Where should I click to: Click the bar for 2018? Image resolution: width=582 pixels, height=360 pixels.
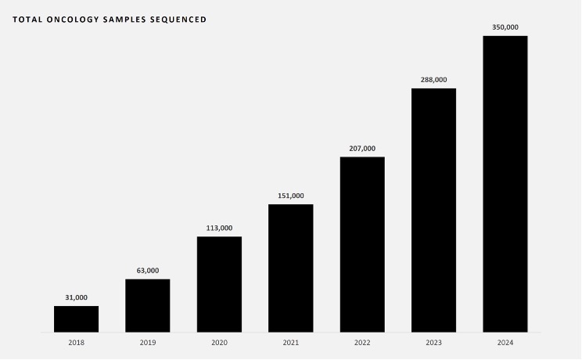(76, 319)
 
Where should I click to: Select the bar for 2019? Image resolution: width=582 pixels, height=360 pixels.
(148, 305)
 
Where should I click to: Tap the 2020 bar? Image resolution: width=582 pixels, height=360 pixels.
(219, 284)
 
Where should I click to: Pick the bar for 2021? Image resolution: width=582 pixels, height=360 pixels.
(291, 268)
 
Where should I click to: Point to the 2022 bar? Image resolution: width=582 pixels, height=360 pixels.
(362, 244)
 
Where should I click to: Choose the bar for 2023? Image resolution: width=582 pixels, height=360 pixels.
(433, 210)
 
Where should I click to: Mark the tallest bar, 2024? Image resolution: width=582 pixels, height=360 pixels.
(505, 184)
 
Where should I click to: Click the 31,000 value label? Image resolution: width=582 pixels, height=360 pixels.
(76, 297)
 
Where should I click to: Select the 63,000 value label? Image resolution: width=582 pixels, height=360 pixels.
(148, 271)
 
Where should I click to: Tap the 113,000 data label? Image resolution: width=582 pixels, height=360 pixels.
(219, 228)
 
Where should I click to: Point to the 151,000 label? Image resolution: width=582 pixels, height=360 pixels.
(291, 196)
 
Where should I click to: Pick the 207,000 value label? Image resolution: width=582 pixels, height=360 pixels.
(362, 149)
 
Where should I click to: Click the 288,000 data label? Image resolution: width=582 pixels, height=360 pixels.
(433, 80)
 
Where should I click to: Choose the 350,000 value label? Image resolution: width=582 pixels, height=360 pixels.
(505, 27)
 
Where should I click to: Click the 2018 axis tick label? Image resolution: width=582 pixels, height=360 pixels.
(76, 343)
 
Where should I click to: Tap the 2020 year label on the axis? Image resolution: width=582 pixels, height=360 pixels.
(219, 343)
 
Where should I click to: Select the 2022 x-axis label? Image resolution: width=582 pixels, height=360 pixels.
(362, 343)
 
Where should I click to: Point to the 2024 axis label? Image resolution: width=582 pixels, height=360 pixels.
(505, 343)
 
